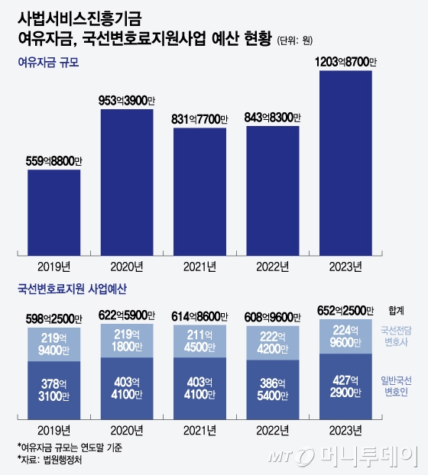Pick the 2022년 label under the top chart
point(273,267)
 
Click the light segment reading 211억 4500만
point(200,340)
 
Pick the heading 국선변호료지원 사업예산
point(71,291)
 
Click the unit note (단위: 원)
point(295,38)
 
